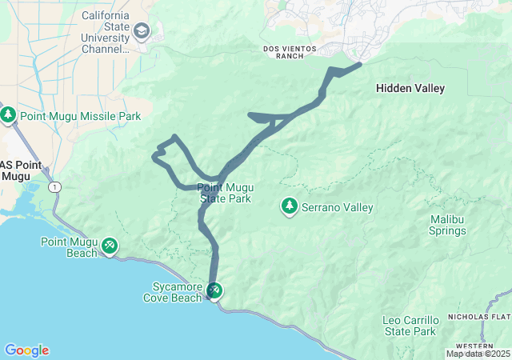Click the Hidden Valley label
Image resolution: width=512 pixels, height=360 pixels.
(x=410, y=89)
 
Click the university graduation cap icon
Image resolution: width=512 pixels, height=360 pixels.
(x=142, y=30)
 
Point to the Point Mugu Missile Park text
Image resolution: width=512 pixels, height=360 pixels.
(x=80, y=117)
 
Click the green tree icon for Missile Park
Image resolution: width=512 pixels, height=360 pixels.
(x=9, y=116)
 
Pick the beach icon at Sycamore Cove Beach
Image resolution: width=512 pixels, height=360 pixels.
(x=214, y=290)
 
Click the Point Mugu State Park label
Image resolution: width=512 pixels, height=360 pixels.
(x=226, y=193)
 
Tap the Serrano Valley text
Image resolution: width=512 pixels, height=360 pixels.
(x=337, y=207)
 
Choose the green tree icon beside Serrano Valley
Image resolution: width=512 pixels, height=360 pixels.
(x=289, y=206)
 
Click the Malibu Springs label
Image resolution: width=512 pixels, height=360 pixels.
(x=447, y=225)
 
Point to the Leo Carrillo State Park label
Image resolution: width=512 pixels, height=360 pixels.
(x=410, y=326)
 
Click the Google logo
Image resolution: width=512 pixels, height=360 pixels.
(x=26, y=350)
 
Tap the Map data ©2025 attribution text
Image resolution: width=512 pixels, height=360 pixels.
(x=477, y=354)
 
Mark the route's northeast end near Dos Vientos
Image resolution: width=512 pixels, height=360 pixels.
(x=359, y=64)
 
